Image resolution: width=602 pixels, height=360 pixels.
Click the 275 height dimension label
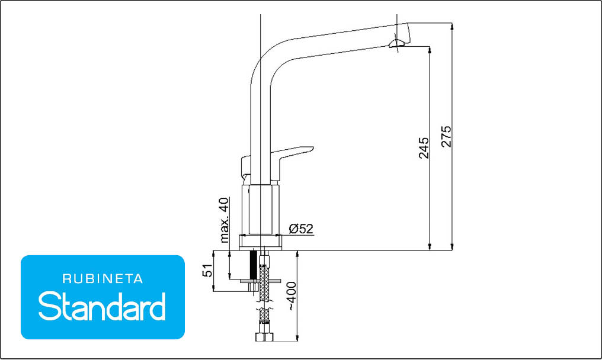pos(447,136)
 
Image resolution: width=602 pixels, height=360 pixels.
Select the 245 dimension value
pos(424,148)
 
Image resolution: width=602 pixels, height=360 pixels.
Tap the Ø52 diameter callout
pos(302,229)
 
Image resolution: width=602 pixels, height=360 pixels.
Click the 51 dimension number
pos(207,270)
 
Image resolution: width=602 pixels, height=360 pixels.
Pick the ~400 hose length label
pos(292,296)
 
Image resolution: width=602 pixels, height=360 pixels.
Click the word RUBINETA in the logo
pos(103,279)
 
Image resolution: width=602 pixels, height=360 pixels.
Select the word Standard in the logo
pos(102,306)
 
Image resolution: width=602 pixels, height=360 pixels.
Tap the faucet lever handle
pos(292,161)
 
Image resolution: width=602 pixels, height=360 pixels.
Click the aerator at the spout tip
pos(396,43)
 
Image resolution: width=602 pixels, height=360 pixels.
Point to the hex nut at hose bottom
pos(264,337)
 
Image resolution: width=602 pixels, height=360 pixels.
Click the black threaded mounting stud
pos(253,265)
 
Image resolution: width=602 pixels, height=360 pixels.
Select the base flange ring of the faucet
pos(260,242)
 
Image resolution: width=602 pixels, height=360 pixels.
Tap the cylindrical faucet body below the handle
pos(260,210)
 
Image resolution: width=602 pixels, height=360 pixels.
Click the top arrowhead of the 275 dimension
pos(452,27)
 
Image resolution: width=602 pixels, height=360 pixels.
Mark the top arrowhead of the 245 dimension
pos(429,50)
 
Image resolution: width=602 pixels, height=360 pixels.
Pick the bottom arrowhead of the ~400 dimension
pos(297,337)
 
